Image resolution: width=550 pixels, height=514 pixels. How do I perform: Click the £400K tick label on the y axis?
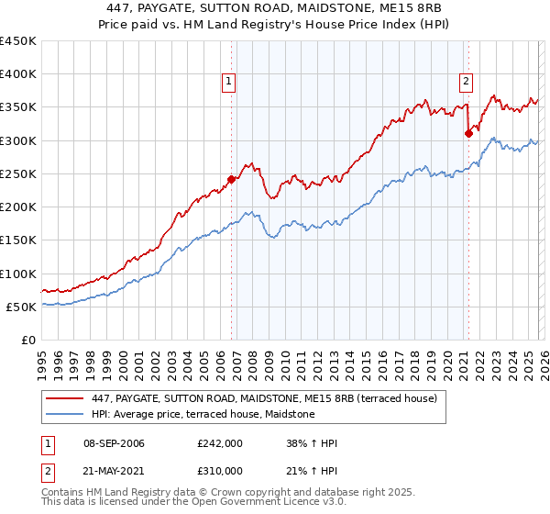click(17, 74)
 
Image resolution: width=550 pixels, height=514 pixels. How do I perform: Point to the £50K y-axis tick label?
click(21, 307)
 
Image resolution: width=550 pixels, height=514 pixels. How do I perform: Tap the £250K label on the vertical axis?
click(17, 173)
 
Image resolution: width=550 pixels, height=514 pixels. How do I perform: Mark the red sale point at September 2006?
click(231, 179)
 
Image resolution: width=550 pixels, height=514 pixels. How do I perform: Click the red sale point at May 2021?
click(468, 133)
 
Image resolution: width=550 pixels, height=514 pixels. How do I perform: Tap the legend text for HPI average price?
click(203, 415)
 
